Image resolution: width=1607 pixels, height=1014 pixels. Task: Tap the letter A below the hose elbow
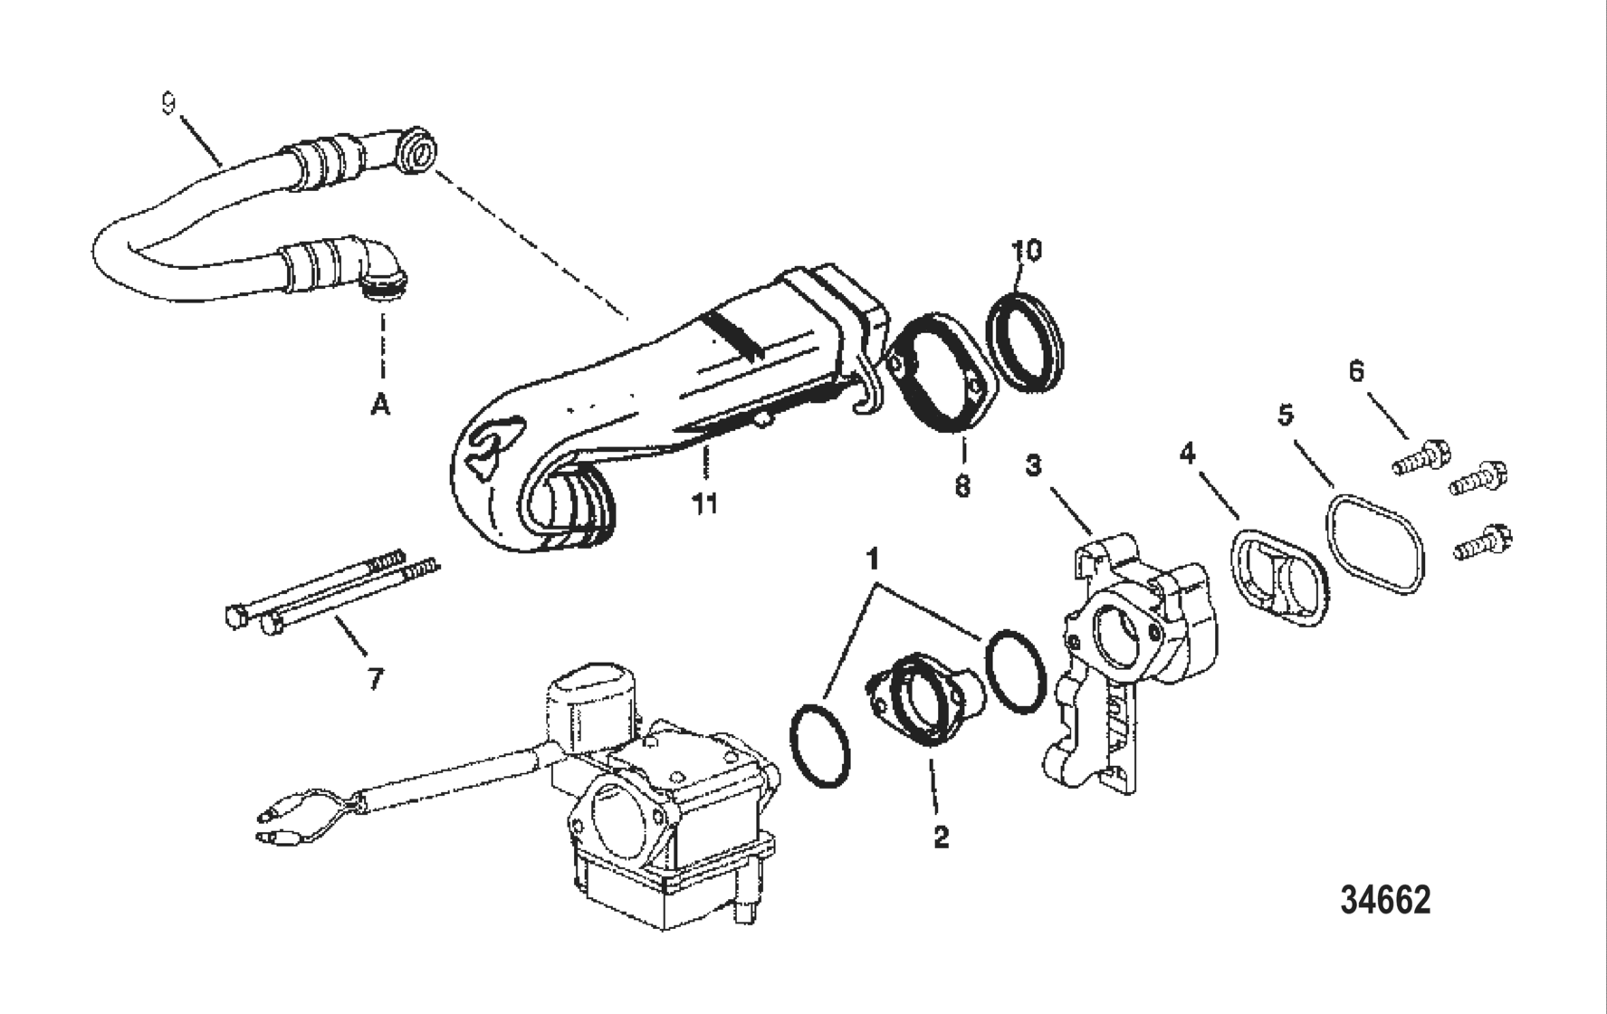tap(381, 407)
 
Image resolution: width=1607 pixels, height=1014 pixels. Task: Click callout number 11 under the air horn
tap(705, 503)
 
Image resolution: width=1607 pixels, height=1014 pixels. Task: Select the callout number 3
tap(1033, 466)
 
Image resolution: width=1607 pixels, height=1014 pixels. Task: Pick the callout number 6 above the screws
tap(1356, 372)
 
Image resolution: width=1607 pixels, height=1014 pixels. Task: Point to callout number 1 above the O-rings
tap(873, 560)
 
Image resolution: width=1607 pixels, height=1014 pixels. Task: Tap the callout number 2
tap(942, 837)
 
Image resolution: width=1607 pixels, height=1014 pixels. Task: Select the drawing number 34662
tap(1385, 900)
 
